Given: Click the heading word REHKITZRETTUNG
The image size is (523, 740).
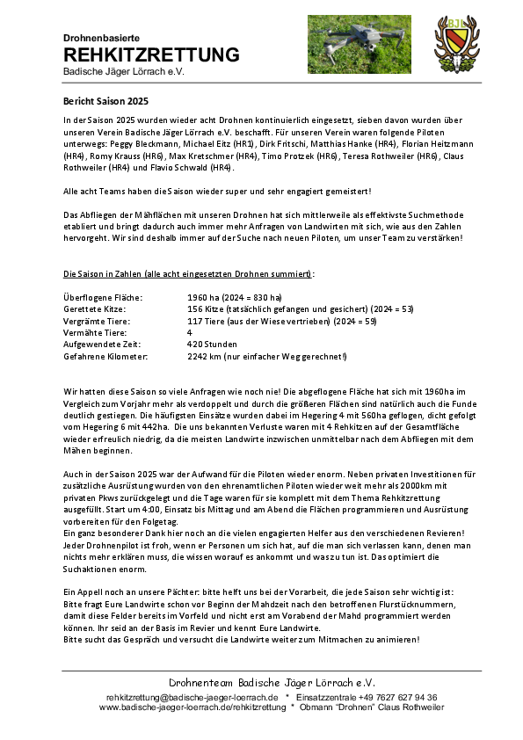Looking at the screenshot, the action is click(x=151, y=55).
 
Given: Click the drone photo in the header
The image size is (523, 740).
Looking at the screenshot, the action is click(x=360, y=44).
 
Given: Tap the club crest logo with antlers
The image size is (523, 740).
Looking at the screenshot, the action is click(x=457, y=45).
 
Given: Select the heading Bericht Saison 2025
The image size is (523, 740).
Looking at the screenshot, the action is click(x=99, y=102).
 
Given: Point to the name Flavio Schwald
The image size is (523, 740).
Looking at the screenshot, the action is click(x=200, y=167).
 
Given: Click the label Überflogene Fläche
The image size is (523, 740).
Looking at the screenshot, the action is click(x=104, y=299).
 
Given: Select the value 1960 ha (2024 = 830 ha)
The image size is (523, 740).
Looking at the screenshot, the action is click(x=235, y=299).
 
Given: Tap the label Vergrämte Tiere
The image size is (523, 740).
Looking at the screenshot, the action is click(x=98, y=322).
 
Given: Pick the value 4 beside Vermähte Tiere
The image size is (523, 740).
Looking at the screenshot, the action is click(x=190, y=333).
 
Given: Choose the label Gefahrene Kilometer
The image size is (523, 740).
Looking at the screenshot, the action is click(x=105, y=357).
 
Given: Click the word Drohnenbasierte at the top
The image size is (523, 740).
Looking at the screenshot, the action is click(x=102, y=38).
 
